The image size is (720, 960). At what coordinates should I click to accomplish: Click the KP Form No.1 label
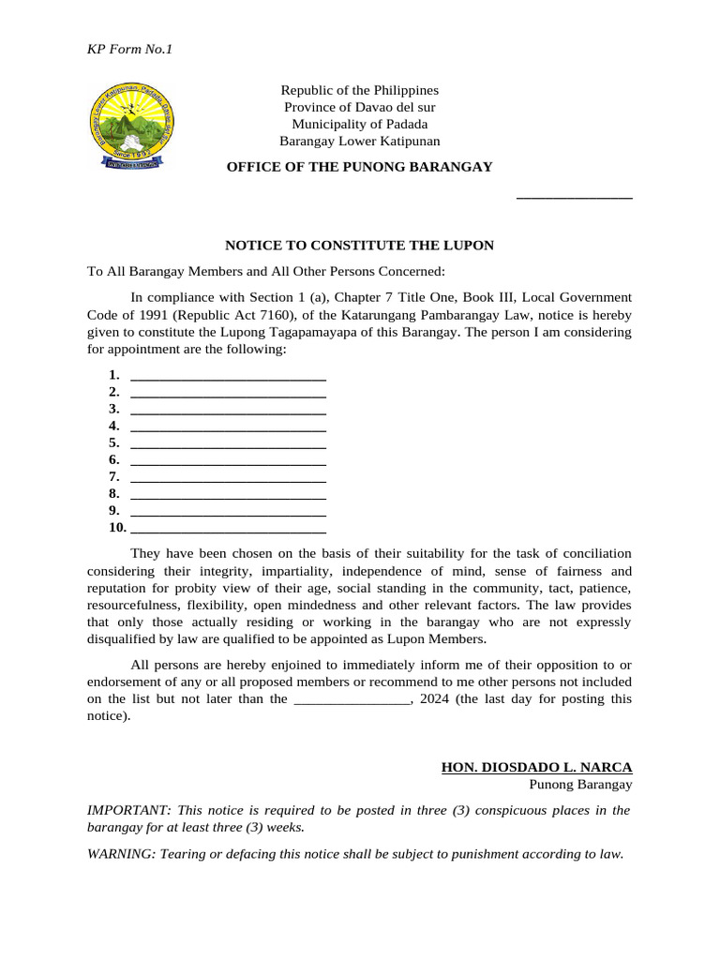tap(130, 49)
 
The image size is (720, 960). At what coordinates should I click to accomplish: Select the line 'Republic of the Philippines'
tap(359, 90)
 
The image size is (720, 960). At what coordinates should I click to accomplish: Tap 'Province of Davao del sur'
tap(359, 107)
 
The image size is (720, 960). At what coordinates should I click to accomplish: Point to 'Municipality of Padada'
tap(359, 124)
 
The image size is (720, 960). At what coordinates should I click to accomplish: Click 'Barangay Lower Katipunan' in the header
tap(359, 141)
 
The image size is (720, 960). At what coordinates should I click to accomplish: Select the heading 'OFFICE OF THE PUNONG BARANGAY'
tap(359, 166)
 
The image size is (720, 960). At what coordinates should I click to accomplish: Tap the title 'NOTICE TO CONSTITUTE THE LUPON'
tap(359, 246)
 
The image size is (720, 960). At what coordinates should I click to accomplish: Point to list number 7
tap(113, 476)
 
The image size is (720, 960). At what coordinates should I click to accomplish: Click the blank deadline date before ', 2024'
tap(352, 700)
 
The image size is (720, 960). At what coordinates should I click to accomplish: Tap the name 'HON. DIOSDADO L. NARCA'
tap(536, 767)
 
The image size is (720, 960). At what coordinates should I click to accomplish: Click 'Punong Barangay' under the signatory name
tap(580, 785)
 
